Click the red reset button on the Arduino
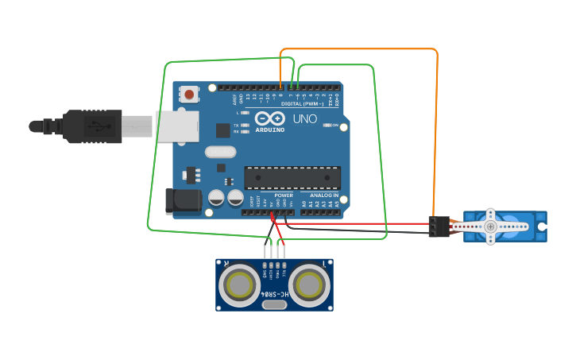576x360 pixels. click(x=189, y=95)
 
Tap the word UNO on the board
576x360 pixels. click(x=305, y=119)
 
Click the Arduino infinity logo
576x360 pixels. click(x=270, y=119)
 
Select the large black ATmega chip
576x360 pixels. click(x=292, y=178)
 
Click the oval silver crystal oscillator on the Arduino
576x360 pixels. click(x=220, y=152)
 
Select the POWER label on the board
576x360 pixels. click(x=284, y=195)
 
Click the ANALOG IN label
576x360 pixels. click(x=323, y=195)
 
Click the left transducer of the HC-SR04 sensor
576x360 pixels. click(x=238, y=284)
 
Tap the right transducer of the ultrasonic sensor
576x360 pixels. click(x=310, y=284)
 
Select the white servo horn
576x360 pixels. click(x=491, y=226)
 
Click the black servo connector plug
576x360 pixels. click(x=438, y=226)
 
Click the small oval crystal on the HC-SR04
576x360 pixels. click(x=274, y=304)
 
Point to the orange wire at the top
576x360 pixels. click(x=358, y=50)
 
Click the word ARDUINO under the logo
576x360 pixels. click(x=270, y=130)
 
